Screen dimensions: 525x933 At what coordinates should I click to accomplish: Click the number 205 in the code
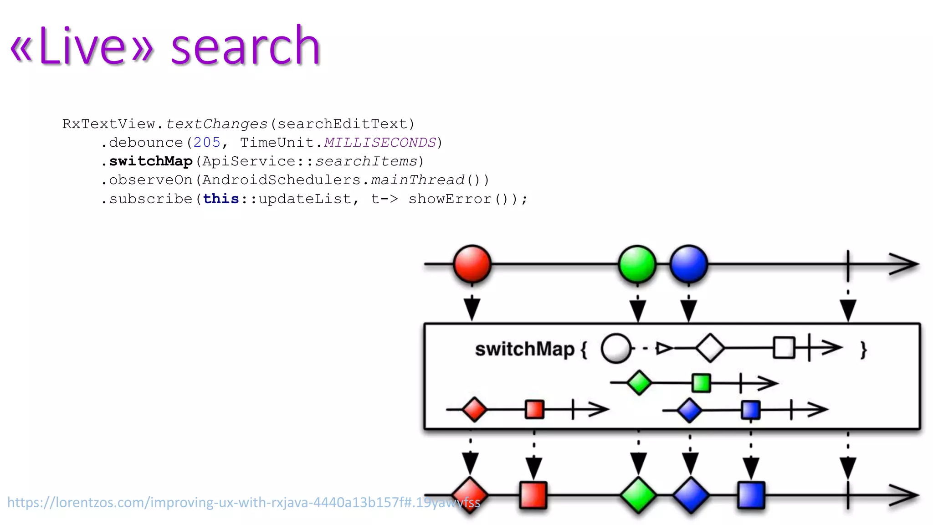coord(207,143)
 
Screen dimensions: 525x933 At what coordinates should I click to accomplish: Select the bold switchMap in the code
coord(151,161)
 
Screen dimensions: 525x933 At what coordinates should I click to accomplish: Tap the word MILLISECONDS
coord(380,143)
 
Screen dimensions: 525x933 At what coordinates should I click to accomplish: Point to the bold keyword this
coord(221,199)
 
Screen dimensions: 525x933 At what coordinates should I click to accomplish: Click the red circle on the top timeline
coord(472,264)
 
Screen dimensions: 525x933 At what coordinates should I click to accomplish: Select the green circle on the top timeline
coord(637,264)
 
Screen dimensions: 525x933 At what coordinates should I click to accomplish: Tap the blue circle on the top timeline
coord(689,264)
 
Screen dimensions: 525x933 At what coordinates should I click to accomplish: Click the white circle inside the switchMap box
coord(616,349)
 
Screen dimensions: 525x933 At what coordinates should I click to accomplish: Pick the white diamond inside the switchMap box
coord(710,348)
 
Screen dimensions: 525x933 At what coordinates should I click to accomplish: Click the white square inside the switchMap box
coord(784,348)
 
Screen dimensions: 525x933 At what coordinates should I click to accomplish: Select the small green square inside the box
coord(701,383)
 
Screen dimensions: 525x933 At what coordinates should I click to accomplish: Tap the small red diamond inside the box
coord(474,409)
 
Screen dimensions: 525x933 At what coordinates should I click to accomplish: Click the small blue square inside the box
coord(751,410)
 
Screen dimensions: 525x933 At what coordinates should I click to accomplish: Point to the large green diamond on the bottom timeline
coord(638,495)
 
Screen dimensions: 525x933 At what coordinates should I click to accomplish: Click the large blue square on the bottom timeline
coord(751,495)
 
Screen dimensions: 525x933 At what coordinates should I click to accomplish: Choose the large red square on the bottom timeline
coord(533,495)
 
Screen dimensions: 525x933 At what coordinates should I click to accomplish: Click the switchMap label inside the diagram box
coord(525,350)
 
